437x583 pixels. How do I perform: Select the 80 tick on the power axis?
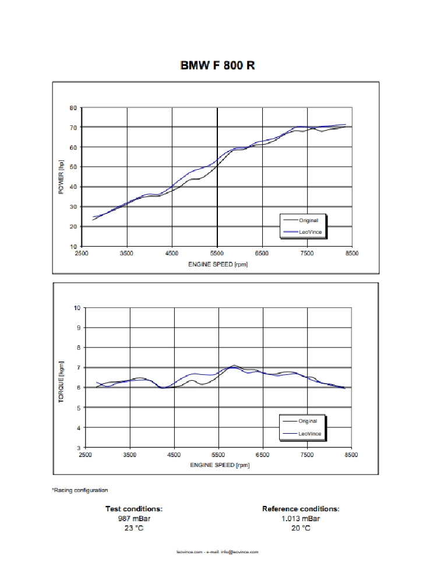pyautogui.click(x=73, y=108)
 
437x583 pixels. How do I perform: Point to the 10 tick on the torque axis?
pyautogui.click(x=77, y=307)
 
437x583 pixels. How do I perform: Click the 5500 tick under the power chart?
pyautogui.click(x=217, y=254)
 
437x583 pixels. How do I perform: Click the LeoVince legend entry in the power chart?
pyautogui.click(x=310, y=231)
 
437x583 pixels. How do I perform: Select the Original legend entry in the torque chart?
pyautogui.click(x=308, y=421)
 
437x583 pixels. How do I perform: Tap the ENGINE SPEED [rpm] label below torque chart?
pyautogui.click(x=219, y=465)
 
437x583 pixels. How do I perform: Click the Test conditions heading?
pyautogui.click(x=133, y=509)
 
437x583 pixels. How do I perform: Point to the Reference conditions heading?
pyautogui.click(x=301, y=509)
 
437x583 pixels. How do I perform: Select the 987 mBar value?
pyautogui.click(x=133, y=518)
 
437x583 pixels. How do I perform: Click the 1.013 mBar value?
pyautogui.click(x=301, y=518)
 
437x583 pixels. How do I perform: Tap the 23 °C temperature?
pyautogui.click(x=133, y=528)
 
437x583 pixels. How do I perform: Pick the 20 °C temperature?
pyautogui.click(x=301, y=528)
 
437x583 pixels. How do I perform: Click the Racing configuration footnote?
pyautogui.click(x=80, y=490)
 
